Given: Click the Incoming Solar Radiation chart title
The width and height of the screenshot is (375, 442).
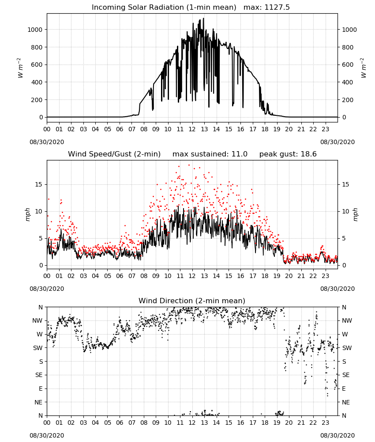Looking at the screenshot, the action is tap(164, 8).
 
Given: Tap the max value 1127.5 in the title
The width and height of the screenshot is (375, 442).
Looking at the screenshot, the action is tap(277, 8).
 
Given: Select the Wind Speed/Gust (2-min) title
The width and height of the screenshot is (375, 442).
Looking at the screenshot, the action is tap(114, 154).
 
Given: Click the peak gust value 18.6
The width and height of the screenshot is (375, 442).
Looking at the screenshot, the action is tap(309, 154).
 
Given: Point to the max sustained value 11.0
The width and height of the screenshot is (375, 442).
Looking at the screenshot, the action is tap(240, 154).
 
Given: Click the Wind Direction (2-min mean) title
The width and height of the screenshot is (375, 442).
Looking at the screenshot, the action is tap(192, 301).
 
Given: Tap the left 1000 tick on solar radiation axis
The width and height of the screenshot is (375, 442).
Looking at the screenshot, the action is tap(35, 30).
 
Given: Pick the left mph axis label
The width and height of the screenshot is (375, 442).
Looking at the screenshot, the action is tap(27, 214).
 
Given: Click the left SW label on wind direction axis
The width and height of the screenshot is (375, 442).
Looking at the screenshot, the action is tap(38, 348).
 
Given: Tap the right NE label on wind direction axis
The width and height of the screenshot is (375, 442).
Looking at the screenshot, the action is tap(346, 402).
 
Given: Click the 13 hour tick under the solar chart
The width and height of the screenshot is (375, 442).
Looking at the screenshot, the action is tap(204, 130).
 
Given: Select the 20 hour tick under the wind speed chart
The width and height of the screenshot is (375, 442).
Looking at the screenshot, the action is tap(289, 276).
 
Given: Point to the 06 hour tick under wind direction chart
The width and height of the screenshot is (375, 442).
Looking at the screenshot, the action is tap(120, 423).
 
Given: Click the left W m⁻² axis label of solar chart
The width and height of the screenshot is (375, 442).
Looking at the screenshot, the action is tap(19, 68).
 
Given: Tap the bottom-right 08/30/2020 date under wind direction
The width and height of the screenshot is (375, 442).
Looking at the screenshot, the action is tap(337, 435).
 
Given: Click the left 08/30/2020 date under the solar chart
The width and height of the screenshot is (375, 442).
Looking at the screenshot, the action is tap(47, 142).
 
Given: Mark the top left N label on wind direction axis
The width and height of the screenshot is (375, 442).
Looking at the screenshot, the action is tap(41, 307).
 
